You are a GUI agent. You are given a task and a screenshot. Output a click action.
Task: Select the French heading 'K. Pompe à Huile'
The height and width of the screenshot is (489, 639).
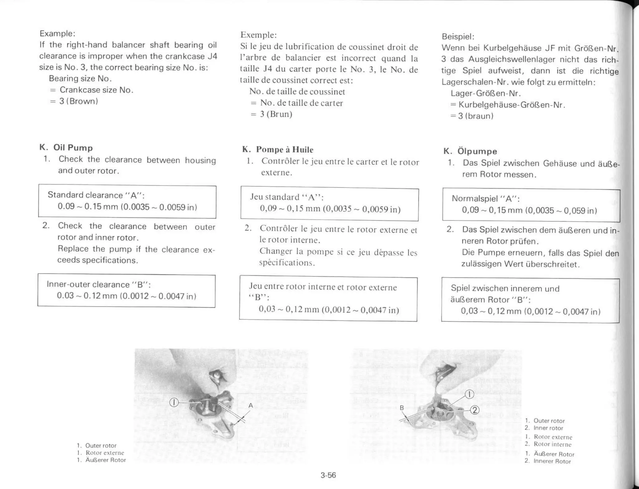tap(277, 150)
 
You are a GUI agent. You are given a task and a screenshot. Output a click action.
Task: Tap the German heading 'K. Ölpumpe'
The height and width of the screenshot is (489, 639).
tap(470, 151)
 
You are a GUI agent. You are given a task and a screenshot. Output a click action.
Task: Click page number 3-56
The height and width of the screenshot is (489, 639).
tap(328, 475)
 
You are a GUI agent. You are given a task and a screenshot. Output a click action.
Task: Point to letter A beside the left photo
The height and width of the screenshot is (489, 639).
tap(250, 405)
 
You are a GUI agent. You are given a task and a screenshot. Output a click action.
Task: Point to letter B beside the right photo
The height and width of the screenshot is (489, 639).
tap(402, 408)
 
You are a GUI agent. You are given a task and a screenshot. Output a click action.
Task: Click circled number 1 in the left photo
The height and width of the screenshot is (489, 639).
tap(174, 403)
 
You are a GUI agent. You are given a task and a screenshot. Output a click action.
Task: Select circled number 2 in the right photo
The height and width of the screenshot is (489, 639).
tap(474, 410)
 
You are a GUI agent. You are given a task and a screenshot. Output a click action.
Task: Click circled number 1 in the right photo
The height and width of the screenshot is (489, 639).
tap(469, 394)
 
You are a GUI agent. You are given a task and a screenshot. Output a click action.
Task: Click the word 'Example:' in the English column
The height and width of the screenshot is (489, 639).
tap(57, 33)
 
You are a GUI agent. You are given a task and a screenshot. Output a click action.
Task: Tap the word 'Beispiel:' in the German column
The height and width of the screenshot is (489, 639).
tap(458, 37)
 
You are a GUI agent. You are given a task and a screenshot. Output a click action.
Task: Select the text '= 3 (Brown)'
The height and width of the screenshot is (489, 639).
tap(74, 101)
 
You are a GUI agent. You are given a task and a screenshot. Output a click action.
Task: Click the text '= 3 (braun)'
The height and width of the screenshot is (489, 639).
tap(472, 116)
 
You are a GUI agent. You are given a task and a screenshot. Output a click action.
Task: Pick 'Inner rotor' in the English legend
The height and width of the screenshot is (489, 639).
tap(548, 428)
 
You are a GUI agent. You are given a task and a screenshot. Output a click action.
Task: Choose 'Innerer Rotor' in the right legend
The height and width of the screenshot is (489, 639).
tap(552, 461)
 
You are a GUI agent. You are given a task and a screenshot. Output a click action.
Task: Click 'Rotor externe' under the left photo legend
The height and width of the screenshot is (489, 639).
tap(105, 453)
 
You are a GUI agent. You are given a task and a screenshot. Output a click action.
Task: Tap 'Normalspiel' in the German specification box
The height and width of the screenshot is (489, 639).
tap(474, 199)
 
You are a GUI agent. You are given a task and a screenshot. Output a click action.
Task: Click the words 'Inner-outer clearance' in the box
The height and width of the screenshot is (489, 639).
tap(88, 284)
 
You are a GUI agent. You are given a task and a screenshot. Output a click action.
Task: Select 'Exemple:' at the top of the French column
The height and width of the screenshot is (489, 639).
tap(258, 35)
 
